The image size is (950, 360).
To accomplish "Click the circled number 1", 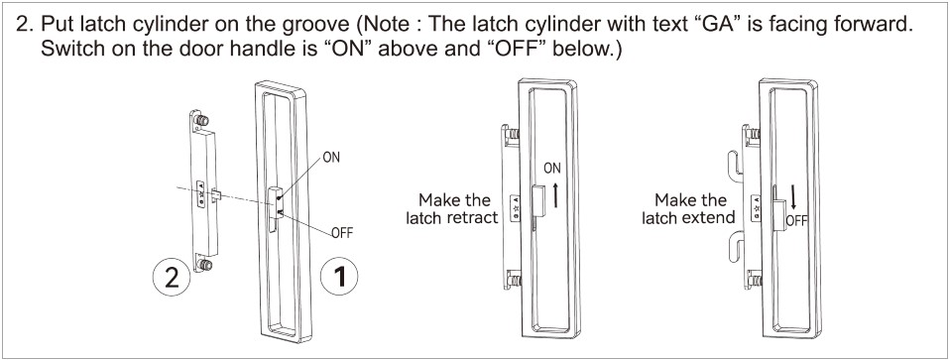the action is (340, 277).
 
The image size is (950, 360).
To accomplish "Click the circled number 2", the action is (172, 279).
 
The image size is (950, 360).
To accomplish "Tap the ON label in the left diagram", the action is (331, 158).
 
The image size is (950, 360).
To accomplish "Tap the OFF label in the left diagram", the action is (342, 233).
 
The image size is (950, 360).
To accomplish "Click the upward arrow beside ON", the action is (555, 193).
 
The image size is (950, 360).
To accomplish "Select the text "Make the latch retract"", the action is (452, 208).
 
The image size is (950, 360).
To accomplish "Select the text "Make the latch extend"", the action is (689, 208).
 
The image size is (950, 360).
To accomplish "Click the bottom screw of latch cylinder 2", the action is (205, 265).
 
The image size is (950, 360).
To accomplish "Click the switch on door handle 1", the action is (275, 203).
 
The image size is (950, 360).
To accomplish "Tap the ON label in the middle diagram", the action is (552, 169).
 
